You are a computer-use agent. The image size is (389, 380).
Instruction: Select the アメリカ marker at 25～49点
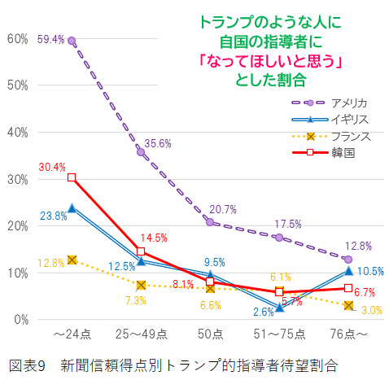[141, 152]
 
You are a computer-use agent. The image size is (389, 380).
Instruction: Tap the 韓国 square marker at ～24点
[72, 177]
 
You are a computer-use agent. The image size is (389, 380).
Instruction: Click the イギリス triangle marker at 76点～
[348, 270]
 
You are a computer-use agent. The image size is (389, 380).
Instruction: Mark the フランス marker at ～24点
[72, 260]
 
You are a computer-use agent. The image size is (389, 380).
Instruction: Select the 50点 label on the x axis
[210, 334]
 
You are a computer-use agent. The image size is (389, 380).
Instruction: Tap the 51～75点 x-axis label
[279, 334]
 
